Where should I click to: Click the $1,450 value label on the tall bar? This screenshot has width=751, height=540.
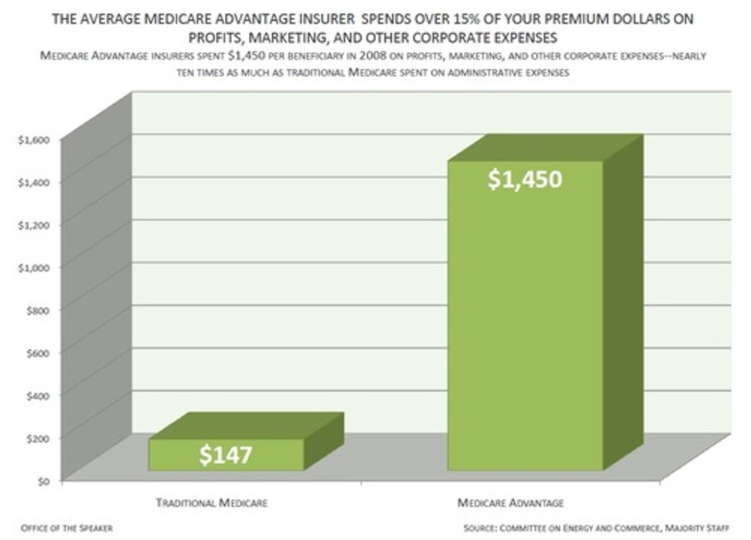point(525,179)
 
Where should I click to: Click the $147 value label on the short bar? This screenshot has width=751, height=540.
point(225,455)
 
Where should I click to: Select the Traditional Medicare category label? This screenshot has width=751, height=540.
point(212,503)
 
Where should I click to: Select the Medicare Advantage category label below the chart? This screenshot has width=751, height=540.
point(510,503)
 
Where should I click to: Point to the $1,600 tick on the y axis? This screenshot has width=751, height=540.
point(33,140)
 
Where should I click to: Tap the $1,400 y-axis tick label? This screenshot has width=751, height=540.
point(33,182)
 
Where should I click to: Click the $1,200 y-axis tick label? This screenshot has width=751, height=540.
point(33,225)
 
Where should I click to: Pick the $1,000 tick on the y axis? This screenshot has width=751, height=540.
point(33,268)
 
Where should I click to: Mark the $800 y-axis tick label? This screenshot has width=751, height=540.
point(37,310)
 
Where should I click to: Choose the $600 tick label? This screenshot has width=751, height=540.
point(37,353)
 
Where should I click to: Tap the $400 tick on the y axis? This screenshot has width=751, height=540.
point(37,396)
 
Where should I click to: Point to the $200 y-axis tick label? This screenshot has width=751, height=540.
point(37,438)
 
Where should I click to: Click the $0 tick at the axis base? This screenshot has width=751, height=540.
point(43,481)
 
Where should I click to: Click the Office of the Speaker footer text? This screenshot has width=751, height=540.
point(67,528)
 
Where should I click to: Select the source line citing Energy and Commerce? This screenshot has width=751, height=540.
point(596,528)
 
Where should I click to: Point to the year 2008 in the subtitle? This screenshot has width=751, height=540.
point(370,56)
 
